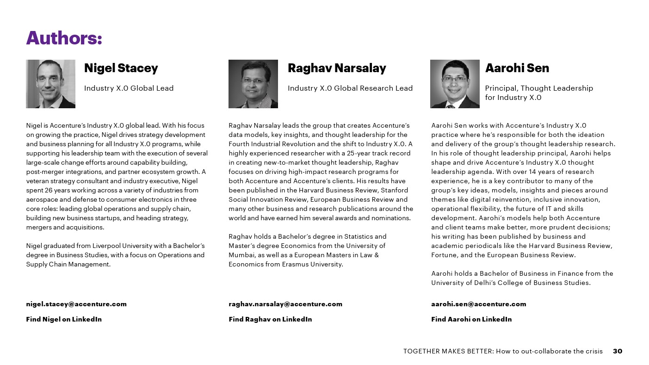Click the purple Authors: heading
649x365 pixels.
(x=64, y=38)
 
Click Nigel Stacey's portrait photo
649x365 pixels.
(x=50, y=84)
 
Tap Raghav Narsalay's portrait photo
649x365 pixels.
(x=253, y=84)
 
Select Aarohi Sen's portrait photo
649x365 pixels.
(x=455, y=84)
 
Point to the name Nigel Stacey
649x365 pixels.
(x=121, y=68)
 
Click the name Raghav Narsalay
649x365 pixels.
(x=337, y=68)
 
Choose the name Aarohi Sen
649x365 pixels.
(x=517, y=68)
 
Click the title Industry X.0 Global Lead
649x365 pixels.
(x=129, y=88)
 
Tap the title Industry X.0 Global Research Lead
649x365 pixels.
(x=350, y=88)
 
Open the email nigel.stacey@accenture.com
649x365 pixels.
(x=76, y=304)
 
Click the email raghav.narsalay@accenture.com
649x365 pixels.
(x=285, y=304)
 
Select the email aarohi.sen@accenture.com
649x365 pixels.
(x=478, y=304)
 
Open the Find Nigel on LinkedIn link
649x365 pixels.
(x=64, y=319)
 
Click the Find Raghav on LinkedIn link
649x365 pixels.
(x=270, y=319)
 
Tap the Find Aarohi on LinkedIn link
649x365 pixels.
(x=471, y=319)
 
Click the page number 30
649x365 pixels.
(x=618, y=351)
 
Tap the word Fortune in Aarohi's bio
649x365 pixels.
(x=444, y=255)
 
